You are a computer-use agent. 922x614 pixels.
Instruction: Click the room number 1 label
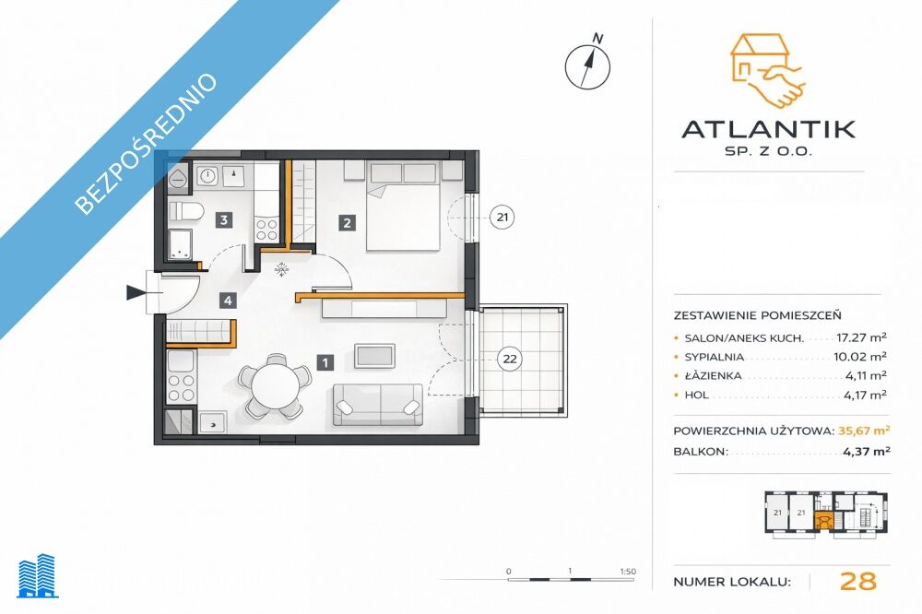click(325, 362)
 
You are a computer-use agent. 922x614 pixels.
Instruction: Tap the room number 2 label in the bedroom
click(347, 223)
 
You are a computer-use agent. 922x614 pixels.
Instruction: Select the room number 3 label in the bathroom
click(223, 220)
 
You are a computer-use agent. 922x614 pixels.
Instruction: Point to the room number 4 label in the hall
click(228, 301)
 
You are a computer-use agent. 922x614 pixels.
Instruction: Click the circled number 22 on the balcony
click(510, 359)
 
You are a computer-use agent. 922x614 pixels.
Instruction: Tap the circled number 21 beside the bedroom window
click(502, 217)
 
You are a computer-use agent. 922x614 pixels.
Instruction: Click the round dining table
click(275, 385)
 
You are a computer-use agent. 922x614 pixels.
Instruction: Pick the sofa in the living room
click(377, 405)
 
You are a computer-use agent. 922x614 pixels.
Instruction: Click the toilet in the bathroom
click(186, 210)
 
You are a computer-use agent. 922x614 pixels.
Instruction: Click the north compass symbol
click(588, 65)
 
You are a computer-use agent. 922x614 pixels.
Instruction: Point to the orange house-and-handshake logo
click(767, 71)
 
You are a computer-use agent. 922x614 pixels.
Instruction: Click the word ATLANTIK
click(769, 129)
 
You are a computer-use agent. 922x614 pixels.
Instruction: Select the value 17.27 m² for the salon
click(861, 337)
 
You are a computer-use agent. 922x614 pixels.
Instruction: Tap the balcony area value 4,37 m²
click(867, 451)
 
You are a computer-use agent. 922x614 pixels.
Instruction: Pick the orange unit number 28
click(858, 581)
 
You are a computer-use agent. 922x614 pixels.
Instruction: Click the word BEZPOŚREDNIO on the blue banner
click(147, 143)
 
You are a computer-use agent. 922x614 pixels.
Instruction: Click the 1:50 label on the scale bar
click(628, 571)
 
